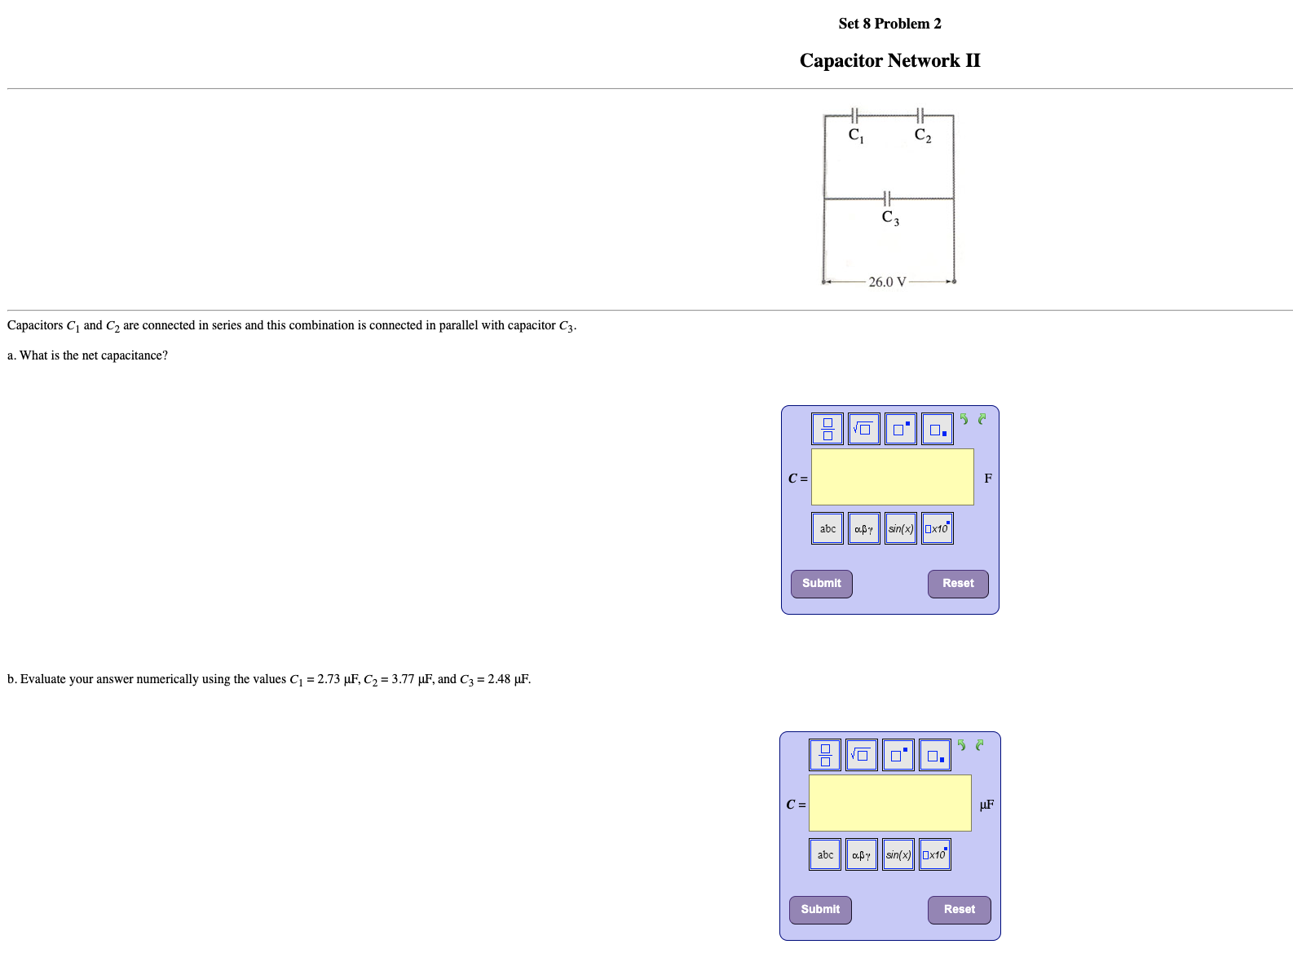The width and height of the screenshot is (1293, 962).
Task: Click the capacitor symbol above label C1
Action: [x=854, y=116]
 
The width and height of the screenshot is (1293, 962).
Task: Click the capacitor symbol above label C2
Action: [x=920, y=116]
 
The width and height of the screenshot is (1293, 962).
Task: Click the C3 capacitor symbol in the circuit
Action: [x=887, y=198]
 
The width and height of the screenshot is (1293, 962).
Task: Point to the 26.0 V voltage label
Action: [x=887, y=282]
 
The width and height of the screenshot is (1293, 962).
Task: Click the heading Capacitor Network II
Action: [x=889, y=61]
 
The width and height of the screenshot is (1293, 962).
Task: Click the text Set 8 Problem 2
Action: [x=889, y=24]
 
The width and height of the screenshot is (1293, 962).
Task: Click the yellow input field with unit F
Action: [x=892, y=477]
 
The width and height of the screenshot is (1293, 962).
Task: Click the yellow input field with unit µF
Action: [x=889, y=803]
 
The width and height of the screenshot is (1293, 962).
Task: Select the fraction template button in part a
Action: [x=827, y=429]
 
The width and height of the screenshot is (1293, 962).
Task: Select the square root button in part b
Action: [x=862, y=755]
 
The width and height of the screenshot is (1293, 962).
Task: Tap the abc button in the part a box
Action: [x=827, y=528]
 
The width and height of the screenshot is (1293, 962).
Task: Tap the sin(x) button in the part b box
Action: [x=898, y=854]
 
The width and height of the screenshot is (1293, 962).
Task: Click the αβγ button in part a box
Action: [x=863, y=528]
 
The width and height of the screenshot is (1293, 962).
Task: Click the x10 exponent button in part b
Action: [x=935, y=854]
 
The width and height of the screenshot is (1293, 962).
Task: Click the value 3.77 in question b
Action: [x=403, y=679]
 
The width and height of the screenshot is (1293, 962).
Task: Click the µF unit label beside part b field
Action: [x=986, y=805]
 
